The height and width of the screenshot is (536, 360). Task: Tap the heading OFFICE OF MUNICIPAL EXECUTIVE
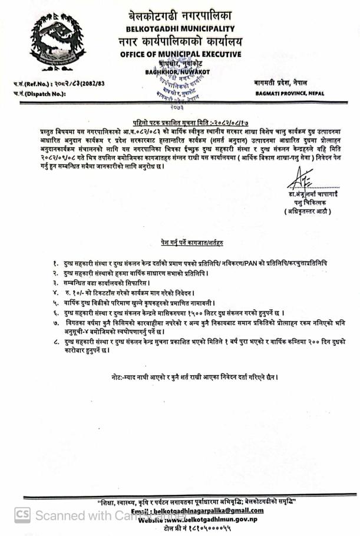pos(180,54)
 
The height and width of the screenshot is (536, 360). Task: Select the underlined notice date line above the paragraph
pos(180,118)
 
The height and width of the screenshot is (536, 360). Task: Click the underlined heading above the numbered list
pos(180,242)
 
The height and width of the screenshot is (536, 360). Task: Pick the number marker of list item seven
pos(55,324)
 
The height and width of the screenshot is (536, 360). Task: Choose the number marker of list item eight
pos(55,342)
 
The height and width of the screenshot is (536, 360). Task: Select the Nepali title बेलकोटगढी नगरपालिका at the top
pos(180,16)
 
